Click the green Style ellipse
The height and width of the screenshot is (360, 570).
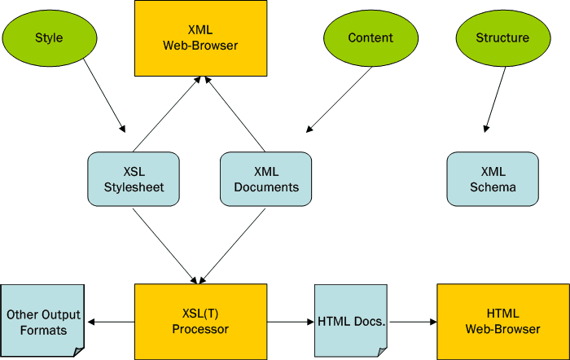[x=49, y=37]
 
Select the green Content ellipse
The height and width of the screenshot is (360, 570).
[x=370, y=37]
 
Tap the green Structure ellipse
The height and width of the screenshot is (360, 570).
[x=502, y=37]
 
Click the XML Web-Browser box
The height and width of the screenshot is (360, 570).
[x=200, y=37]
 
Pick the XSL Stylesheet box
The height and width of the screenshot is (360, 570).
[x=133, y=178]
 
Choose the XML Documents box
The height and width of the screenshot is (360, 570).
[x=266, y=178]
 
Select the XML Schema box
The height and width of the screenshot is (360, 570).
[x=493, y=178]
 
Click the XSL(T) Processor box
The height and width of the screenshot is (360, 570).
[x=200, y=321]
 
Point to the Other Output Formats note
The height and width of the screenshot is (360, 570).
[x=42, y=321]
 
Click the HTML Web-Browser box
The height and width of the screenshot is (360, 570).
[x=503, y=321]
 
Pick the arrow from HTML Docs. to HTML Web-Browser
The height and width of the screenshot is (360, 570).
[x=412, y=322]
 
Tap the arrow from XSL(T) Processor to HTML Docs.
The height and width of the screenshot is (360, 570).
[x=291, y=322]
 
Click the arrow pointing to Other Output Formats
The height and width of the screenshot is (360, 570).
[x=110, y=322]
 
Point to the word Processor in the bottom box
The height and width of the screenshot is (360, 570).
[x=200, y=329]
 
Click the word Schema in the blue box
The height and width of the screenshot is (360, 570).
[x=493, y=187]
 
